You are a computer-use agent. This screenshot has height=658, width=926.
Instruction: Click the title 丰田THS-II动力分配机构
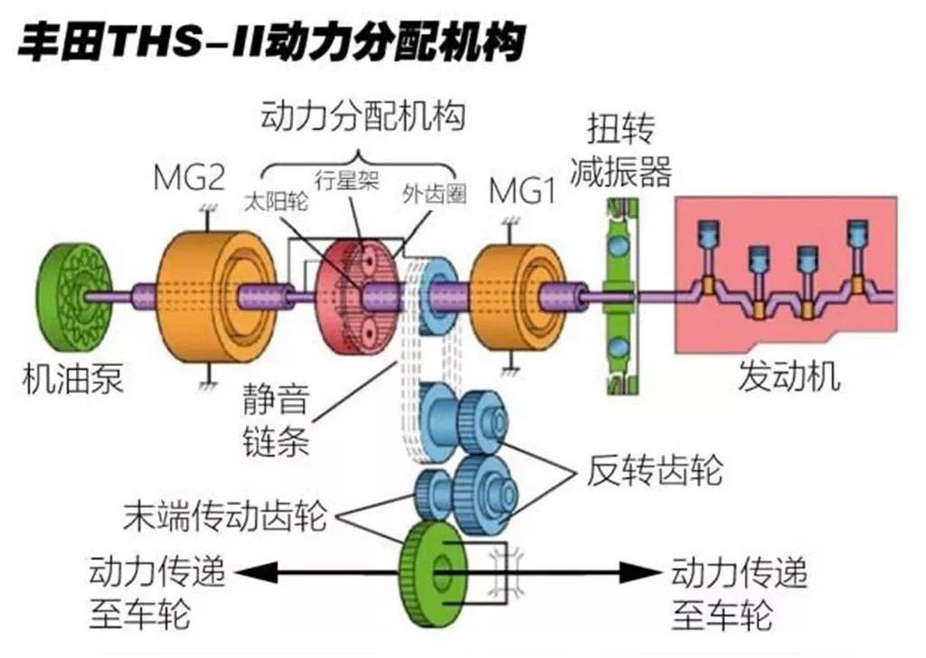271,42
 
